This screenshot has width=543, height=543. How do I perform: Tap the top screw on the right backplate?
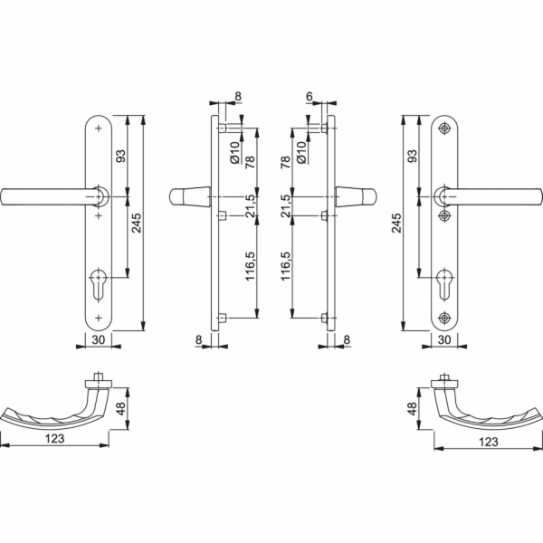pyautogui.click(x=444, y=129)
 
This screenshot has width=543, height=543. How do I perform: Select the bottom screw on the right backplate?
pyautogui.click(x=444, y=318)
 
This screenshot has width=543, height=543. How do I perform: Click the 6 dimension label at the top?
pyautogui.click(x=310, y=96)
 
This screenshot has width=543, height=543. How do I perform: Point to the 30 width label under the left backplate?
pyautogui.click(x=99, y=339)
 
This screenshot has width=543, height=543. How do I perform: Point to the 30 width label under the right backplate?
pyautogui.click(x=444, y=339)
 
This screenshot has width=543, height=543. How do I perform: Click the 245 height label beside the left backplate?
pyautogui.click(x=137, y=223)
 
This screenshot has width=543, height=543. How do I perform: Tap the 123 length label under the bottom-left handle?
pyautogui.click(x=54, y=439)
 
